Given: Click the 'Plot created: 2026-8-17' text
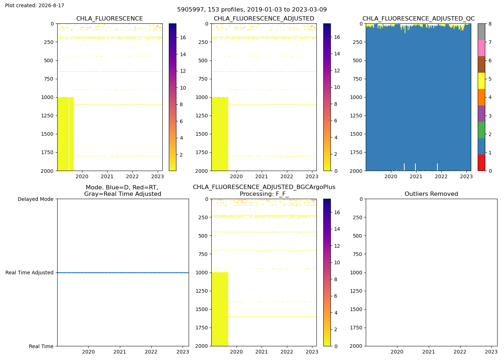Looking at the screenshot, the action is point(35,5).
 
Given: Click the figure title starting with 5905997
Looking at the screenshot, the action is point(252,9).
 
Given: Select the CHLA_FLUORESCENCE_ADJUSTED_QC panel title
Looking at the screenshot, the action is point(418,19).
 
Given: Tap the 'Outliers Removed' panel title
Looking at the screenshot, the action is point(431,194).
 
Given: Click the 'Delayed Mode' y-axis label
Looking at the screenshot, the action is point(36,199).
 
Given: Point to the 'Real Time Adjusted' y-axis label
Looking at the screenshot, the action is point(30,273).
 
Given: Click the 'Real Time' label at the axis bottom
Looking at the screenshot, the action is point(41,346).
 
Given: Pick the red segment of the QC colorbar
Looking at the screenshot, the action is point(481,163).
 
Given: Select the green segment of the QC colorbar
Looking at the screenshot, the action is point(481,130).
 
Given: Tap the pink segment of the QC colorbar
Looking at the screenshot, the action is point(481,48).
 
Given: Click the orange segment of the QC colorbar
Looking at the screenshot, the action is point(481,97).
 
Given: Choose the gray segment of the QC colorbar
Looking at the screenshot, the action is point(481,32).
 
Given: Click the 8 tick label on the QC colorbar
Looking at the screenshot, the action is point(490,24).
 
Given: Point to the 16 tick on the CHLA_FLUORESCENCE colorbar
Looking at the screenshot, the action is point(183,37).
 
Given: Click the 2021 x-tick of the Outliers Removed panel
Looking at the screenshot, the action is point(428,352).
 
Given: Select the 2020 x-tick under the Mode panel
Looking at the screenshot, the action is point(89,352).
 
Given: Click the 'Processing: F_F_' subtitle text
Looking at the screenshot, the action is point(264,194).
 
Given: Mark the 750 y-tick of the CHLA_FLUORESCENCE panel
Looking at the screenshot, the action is point(49,79).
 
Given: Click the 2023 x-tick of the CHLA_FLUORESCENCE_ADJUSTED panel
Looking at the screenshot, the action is point(312,176).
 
